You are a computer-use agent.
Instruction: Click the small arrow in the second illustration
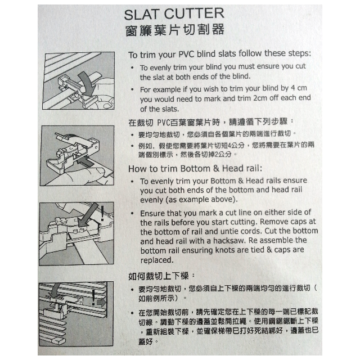[86, 163]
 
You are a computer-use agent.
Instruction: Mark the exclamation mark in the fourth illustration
[92, 296]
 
